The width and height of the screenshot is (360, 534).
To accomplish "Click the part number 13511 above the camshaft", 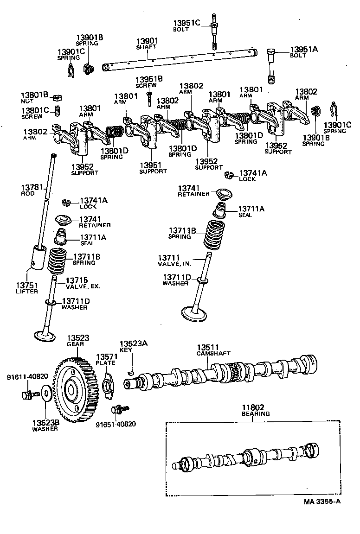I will tap(207, 347).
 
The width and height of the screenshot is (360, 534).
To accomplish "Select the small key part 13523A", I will tap(131, 372).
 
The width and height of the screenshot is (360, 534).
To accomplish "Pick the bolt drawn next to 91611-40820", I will tap(27, 395).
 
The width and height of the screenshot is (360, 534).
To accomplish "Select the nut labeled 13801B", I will tap(58, 97).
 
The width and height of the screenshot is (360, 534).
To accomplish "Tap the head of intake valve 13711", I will tap(194, 313).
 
